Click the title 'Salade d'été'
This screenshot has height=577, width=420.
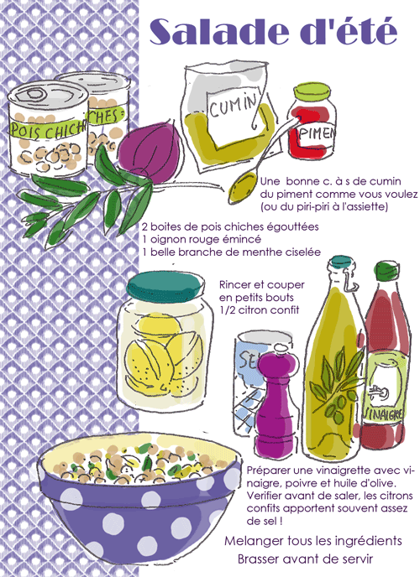272,32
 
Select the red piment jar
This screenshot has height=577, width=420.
316,126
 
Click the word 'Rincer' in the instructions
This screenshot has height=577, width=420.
237,284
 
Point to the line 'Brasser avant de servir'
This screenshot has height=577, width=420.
305,558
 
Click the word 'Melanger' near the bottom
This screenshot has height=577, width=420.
254,540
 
